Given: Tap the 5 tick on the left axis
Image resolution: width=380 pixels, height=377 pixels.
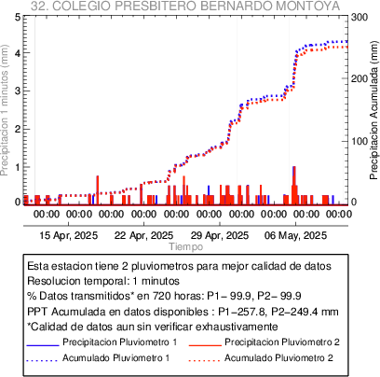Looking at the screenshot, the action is pyautogui.click(x=18, y=17).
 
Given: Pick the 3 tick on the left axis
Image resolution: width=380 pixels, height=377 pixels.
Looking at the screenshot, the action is pyautogui.click(x=18, y=91).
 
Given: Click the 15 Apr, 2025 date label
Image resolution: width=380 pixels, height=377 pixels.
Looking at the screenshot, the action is pyautogui.click(x=69, y=235).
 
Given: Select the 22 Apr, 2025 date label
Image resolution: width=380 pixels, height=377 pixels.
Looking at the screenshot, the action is pyautogui.click(x=143, y=235).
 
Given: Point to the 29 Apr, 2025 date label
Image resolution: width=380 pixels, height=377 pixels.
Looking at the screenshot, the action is pyautogui.click(x=220, y=235).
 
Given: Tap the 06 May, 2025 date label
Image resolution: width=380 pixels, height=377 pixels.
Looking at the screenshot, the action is pyautogui.click(x=295, y=235).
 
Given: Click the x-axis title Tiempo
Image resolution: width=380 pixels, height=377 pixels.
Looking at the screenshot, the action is pyautogui.click(x=186, y=246).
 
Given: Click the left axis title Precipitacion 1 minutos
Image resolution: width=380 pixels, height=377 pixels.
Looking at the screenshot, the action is pyautogui.click(x=5, y=111).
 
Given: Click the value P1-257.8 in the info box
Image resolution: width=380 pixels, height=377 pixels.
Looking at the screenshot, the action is pyautogui.click(x=242, y=312).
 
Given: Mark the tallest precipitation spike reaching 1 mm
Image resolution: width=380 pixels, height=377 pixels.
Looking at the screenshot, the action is pyautogui.click(x=294, y=186).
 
